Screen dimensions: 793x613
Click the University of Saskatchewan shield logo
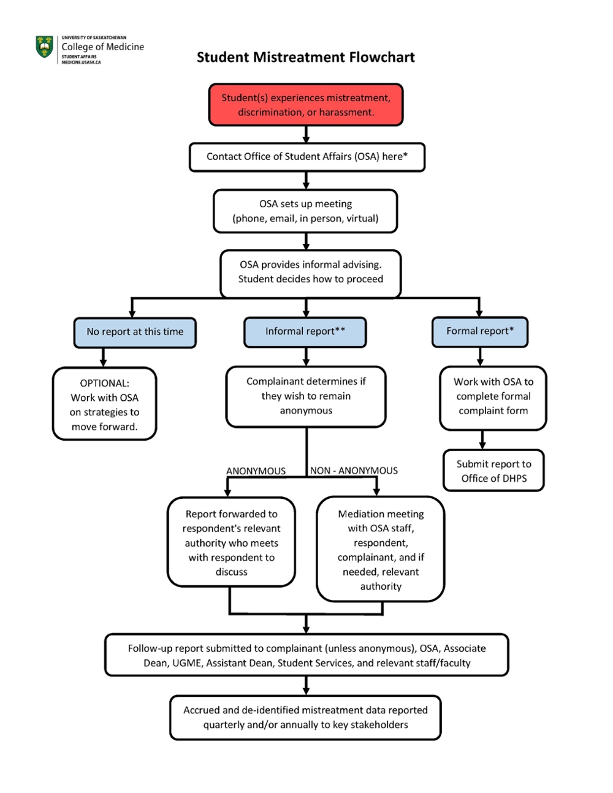point(45,47)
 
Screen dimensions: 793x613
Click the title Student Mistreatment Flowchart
point(305,58)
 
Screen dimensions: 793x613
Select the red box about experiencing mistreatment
point(306,105)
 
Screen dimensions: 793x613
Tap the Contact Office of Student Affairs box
point(306,157)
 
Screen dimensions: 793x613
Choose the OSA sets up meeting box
point(305,211)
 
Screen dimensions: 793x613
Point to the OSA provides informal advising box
point(310,272)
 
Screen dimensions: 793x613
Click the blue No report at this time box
point(135,332)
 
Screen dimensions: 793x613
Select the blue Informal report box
point(305,332)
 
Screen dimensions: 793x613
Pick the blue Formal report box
point(479,332)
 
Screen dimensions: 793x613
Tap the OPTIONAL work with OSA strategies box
point(104,404)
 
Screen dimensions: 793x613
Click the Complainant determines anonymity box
point(306,397)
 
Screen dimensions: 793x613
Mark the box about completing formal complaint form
point(493,397)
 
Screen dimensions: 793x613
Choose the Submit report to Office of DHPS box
point(493,471)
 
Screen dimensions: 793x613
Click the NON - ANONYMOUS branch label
point(354,471)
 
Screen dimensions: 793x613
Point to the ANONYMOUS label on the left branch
point(256,471)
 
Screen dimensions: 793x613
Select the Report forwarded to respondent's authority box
point(231,543)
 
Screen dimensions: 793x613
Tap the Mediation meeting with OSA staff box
point(380,550)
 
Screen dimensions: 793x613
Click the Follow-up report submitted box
point(306,656)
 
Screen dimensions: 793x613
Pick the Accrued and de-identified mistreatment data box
point(305,718)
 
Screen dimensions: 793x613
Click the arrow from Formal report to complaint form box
point(480,357)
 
